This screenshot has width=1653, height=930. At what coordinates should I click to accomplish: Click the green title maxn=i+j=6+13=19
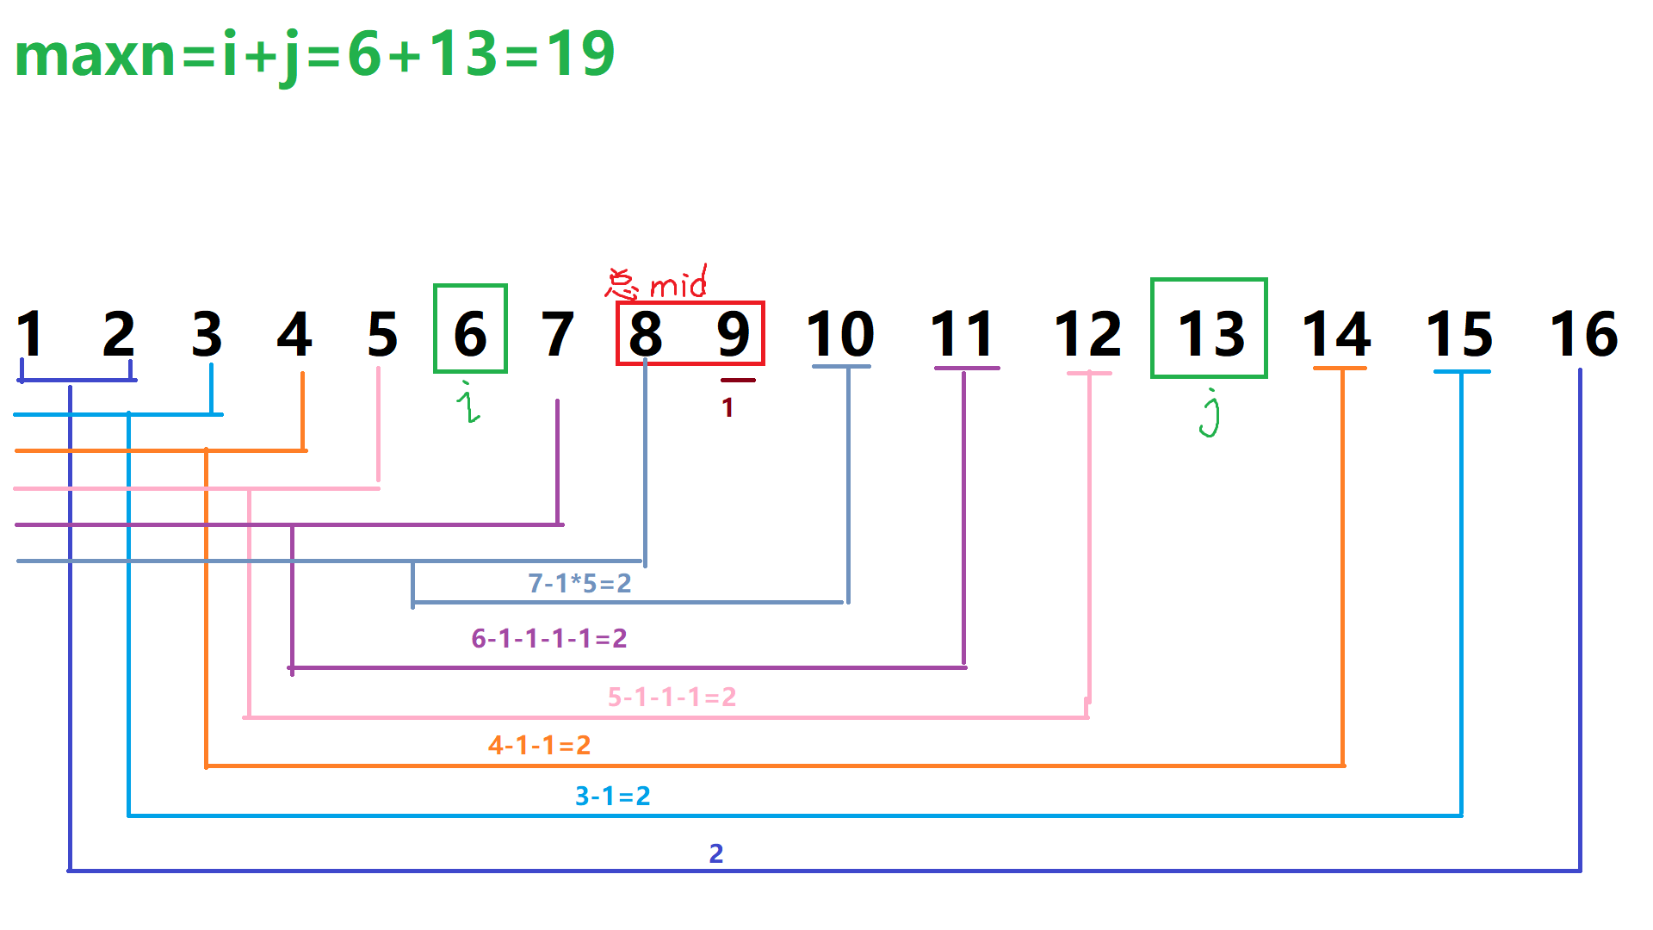315,54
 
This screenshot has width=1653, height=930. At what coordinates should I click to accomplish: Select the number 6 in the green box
470,333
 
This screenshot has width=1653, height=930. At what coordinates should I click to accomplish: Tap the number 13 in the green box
1210,333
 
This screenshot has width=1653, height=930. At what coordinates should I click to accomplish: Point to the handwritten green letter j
1210,413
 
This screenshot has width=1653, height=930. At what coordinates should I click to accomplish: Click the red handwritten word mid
678,283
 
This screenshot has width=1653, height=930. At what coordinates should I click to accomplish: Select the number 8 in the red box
646,333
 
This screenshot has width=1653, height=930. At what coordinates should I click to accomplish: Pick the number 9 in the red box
734,333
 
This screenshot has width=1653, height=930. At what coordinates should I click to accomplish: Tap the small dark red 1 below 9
728,407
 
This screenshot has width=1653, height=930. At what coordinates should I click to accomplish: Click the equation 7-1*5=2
579,583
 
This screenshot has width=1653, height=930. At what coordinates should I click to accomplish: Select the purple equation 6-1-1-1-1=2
548,638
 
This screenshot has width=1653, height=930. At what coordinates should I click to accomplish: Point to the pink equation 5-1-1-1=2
672,697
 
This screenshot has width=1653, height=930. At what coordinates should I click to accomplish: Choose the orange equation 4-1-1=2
539,745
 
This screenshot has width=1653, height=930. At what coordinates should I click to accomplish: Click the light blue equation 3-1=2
612,796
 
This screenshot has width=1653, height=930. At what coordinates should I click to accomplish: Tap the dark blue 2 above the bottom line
715,853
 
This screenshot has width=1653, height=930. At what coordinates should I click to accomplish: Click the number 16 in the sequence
1583,333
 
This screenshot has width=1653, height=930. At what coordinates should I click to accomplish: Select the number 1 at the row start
30,333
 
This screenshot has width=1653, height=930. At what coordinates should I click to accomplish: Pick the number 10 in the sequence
840,333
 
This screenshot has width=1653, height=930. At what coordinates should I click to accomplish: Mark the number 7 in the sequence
557,333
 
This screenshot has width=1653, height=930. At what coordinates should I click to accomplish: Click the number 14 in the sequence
1336,333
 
